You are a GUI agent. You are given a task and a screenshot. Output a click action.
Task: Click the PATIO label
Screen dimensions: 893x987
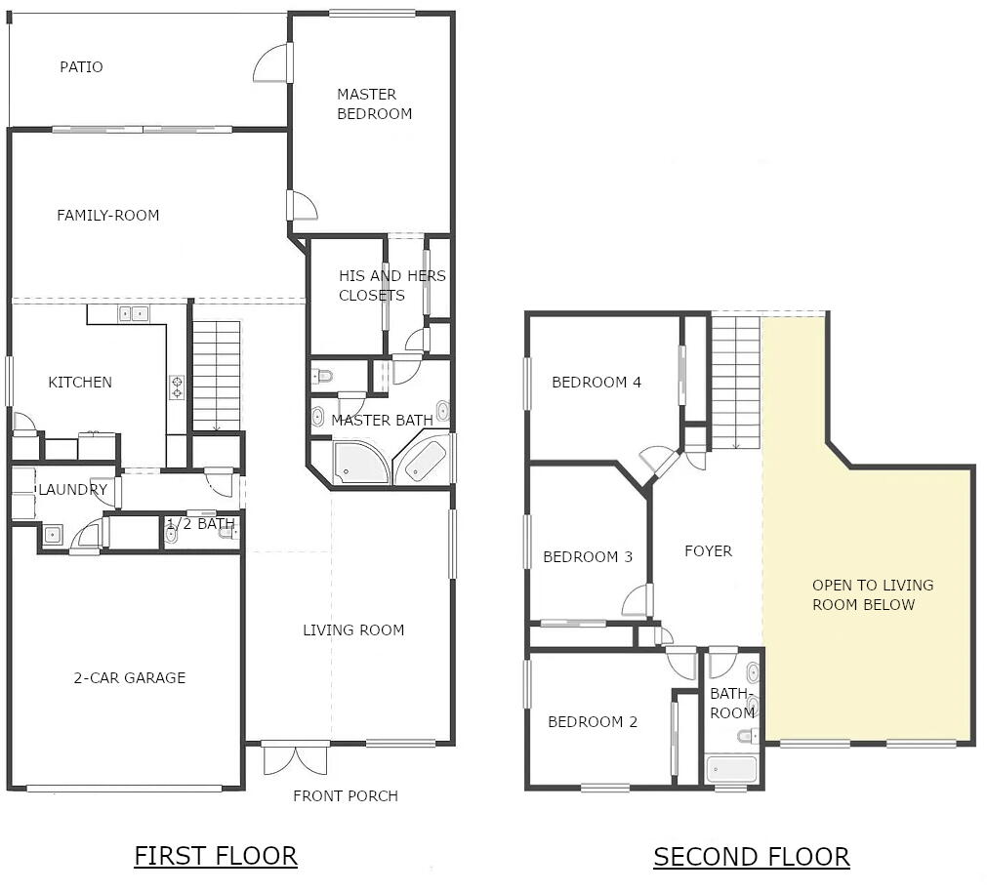pos(81,67)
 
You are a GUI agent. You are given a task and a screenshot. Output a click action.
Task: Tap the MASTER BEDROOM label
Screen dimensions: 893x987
pos(374,103)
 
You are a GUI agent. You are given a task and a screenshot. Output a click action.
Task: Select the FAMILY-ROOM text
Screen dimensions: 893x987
pos(107,216)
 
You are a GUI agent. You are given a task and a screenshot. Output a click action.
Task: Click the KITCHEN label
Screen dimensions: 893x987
pos(80,383)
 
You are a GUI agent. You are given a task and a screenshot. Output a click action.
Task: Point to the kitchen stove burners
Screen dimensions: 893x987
pos(177,386)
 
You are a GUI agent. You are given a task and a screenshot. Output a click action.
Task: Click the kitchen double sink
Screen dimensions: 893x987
pos(134,313)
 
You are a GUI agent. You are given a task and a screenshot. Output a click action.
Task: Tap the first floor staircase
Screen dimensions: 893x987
pos(216,376)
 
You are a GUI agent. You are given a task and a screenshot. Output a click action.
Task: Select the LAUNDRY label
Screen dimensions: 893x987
pos(72,490)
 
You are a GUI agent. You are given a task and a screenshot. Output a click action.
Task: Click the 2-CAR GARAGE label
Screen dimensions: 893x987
pos(129,678)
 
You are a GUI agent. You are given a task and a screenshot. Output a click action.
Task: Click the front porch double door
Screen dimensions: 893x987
pos(296,758)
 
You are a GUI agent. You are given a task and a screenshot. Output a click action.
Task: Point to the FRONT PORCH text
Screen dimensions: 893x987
pos(346,796)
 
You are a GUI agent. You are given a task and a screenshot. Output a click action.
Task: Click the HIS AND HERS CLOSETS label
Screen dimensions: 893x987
pos(391,286)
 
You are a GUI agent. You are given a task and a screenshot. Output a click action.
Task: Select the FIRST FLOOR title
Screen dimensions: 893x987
pos(215,856)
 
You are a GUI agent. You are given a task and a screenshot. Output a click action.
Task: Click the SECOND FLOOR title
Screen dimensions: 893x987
pos(751,857)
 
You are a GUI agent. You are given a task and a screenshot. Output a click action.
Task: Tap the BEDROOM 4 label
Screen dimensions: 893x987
pos(596,383)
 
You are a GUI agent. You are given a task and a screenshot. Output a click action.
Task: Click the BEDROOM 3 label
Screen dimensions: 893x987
pos(588,557)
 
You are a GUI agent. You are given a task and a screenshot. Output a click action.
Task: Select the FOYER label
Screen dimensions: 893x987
pos(708,551)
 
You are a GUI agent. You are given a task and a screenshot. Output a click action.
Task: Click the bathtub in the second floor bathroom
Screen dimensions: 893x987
pos(731,769)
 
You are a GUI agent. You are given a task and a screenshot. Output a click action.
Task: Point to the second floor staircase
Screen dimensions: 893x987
pos(735,382)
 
